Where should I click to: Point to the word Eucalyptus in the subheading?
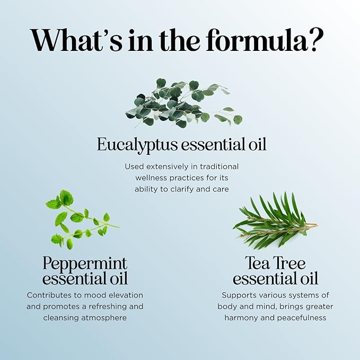(139, 145)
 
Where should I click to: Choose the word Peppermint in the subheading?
(85, 264)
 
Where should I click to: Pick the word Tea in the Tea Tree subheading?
(256, 264)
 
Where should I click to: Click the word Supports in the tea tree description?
(239, 295)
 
